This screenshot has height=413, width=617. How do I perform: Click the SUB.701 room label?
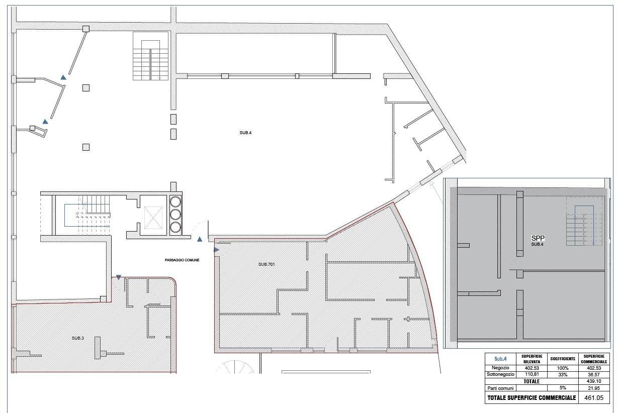click(x=267, y=264)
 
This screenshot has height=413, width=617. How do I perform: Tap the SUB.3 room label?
click(x=77, y=338)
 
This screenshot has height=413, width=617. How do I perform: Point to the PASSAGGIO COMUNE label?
click(x=182, y=260)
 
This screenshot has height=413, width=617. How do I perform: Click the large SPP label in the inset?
click(x=538, y=238)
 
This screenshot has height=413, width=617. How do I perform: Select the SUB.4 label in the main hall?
click(x=245, y=133)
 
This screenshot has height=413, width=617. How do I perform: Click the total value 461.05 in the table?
click(x=593, y=397)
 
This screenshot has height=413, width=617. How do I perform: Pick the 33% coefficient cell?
click(x=563, y=374)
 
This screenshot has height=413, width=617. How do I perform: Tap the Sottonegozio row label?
click(x=500, y=374)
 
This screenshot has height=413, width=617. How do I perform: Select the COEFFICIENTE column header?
click(x=563, y=359)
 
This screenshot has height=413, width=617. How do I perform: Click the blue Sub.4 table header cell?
click(x=500, y=359)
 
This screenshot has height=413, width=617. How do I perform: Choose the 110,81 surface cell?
click(x=532, y=374)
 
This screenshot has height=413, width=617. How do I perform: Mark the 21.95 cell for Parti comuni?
click(x=593, y=388)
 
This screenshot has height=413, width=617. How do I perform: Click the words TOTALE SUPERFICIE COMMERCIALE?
click(x=532, y=397)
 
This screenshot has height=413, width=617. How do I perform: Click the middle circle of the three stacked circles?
click(x=175, y=215)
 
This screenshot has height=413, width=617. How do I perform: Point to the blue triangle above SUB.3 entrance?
click(x=119, y=277)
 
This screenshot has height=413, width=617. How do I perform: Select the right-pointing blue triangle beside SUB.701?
click(x=216, y=250)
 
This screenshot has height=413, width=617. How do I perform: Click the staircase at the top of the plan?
click(x=150, y=56)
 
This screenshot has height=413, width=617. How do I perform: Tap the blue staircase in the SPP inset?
click(x=584, y=226)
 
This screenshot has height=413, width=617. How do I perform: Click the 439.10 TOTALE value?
click(x=593, y=381)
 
